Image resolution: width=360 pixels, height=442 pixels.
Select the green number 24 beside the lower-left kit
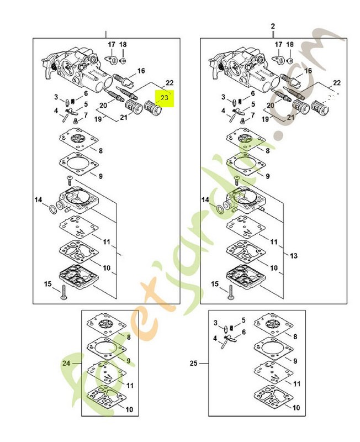66,363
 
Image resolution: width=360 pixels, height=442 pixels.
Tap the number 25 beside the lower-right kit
193,363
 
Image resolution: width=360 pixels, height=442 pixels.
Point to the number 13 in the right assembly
293,256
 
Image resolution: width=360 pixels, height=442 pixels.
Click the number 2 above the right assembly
272,27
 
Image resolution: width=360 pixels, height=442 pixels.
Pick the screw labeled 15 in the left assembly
63,292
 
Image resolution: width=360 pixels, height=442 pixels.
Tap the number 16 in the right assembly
308,71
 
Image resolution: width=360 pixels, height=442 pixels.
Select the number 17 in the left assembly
111,44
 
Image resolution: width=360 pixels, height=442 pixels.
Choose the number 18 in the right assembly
290,44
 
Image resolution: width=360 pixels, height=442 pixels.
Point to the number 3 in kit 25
216,323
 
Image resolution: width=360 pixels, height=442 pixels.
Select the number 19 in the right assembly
264,118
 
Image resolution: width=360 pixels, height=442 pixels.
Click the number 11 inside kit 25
297,383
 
